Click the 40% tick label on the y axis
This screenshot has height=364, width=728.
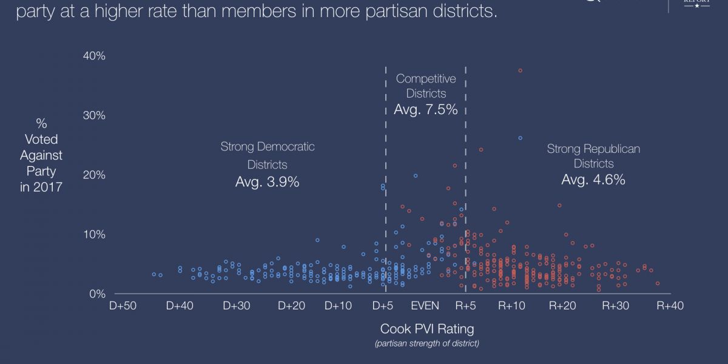point(94,56)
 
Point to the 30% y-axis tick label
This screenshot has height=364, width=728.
point(94,115)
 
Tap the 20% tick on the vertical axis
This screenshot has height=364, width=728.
point(94,175)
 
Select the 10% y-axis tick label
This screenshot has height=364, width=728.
point(94,234)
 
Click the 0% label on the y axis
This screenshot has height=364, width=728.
point(97,294)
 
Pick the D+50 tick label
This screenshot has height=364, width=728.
point(123,306)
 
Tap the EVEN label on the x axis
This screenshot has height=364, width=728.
point(425,306)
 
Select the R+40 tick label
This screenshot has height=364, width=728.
point(670,306)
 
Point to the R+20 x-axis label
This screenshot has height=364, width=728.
point(562,306)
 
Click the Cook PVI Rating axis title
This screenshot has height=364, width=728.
point(426,329)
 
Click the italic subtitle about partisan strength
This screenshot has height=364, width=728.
point(426,344)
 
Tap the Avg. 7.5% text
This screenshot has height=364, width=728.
point(425,110)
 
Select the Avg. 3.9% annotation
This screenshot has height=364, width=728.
point(267,181)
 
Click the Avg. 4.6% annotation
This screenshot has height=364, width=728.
point(593,180)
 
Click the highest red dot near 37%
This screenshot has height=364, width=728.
point(521,71)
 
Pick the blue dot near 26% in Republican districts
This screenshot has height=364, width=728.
point(521,138)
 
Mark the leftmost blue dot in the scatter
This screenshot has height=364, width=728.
point(154,274)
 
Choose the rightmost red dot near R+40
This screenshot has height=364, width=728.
point(658,283)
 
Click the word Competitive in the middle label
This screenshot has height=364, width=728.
point(425,78)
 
